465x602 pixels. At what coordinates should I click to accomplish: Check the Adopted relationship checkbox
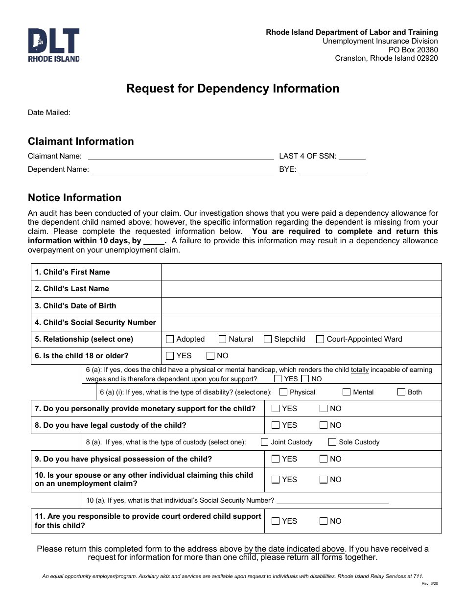pyautogui.click(x=170, y=339)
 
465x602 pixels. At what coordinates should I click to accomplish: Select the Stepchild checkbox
pyautogui.click(x=268, y=339)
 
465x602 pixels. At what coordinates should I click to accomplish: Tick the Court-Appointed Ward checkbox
pyautogui.click(x=320, y=339)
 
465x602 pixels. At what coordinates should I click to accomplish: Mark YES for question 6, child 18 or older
pyautogui.click(x=170, y=356)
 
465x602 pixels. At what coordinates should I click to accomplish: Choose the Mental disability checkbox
pyautogui.click(x=347, y=392)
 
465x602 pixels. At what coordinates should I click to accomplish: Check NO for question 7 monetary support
pyautogui.click(x=324, y=409)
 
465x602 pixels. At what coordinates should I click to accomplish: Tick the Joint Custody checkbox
pyautogui.click(x=265, y=442)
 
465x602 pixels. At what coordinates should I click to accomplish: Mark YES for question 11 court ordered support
pyautogui.click(x=276, y=521)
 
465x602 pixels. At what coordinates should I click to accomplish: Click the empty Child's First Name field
pyautogui.click(x=301, y=272)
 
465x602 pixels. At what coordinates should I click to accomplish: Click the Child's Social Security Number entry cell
pyautogui.click(x=301, y=323)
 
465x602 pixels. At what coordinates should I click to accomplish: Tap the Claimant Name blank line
pyautogui.click(x=180, y=157)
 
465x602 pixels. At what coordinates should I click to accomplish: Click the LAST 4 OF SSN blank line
pyautogui.click(x=352, y=157)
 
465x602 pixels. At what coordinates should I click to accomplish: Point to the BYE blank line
pyautogui.click(x=332, y=170)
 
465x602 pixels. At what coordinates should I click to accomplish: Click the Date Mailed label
pyautogui.click(x=49, y=113)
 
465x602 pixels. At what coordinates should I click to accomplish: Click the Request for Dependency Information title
pyautogui.click(x=232, y=89)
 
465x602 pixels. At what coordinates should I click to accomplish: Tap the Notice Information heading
pyautogui.click(x=74, y=198)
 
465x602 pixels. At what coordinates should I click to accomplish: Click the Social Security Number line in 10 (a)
pyautogui.click(x=332, y=501)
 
